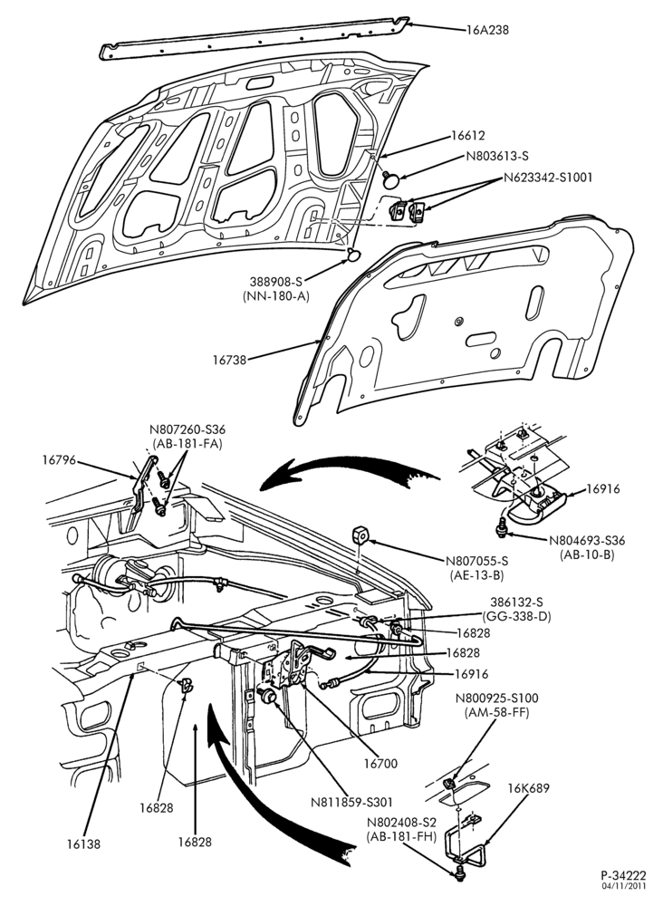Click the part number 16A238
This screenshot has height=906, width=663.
[488, 30]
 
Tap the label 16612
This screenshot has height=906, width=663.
[467, 136]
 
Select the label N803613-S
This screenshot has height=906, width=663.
[498, 156]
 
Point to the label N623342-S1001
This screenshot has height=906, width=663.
[548, 177]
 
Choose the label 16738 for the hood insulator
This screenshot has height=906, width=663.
[229, 360]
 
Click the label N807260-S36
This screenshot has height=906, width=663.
[187, 429]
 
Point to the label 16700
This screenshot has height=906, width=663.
[380, 763]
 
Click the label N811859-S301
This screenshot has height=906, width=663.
[351, 802]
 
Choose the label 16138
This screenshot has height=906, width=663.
[82, 844]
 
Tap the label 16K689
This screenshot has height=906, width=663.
[528, 788]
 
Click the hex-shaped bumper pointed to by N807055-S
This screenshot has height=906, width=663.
[361, 535]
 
